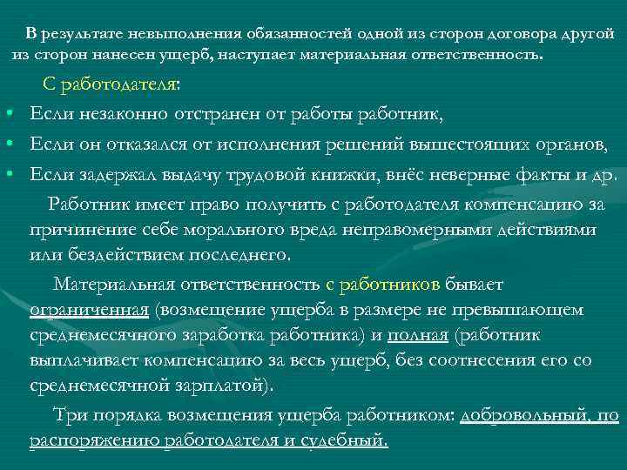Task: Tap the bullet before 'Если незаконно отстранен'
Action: [7, 115]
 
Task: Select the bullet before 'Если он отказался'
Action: [7, 144]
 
